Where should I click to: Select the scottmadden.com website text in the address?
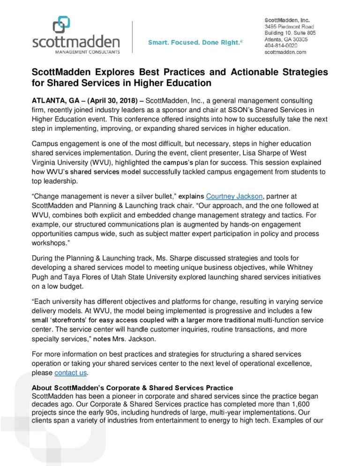point(285,53)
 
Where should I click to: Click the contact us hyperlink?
point(70,373)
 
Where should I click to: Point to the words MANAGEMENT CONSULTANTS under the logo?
point(76,51)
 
